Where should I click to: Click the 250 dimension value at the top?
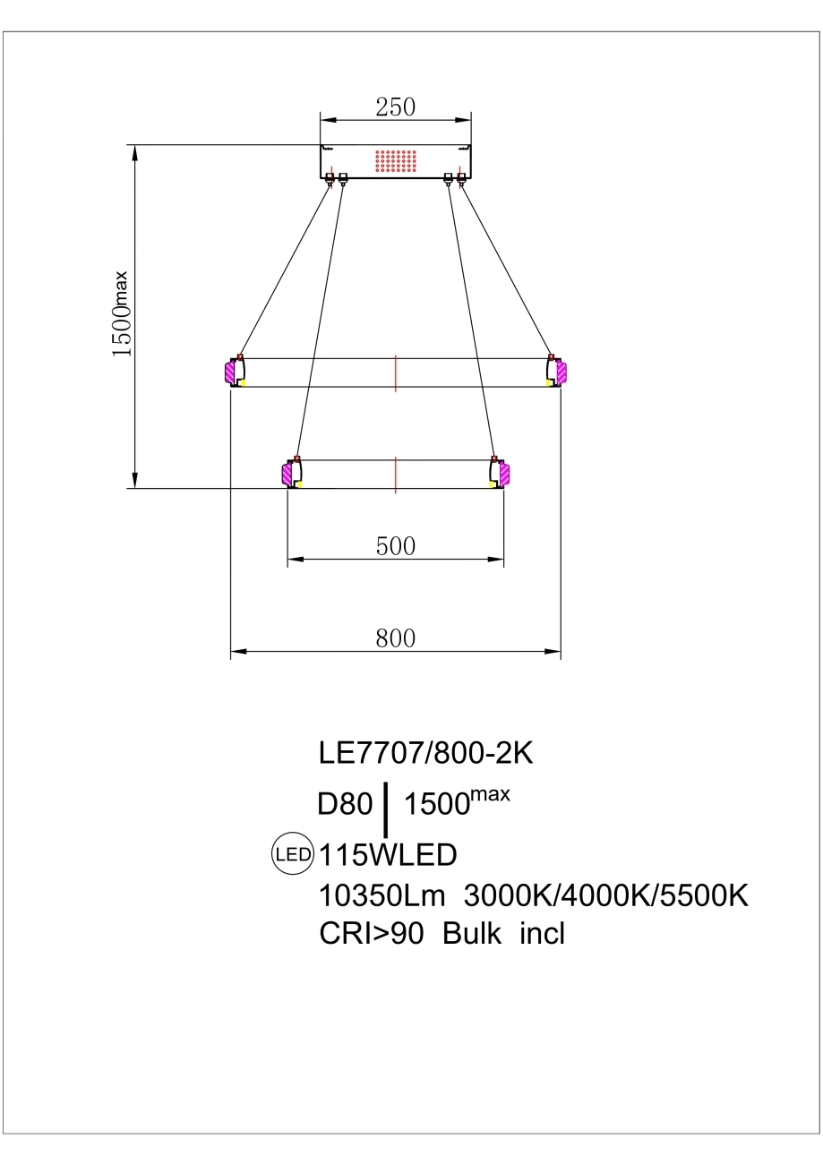click(396, 107)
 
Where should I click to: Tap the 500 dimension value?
click(396, 546)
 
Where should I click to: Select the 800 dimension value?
click(396, 638)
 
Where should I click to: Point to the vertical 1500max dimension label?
click(120, 314)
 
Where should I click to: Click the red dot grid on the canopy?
click(396, 161)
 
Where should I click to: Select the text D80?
click(345, 804)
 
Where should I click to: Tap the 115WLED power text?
click(388, 855)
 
